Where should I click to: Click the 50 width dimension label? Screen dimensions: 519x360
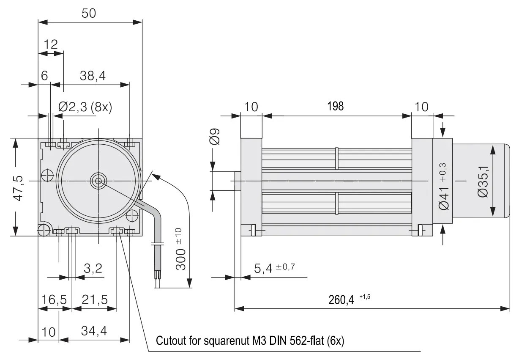click(89, 13)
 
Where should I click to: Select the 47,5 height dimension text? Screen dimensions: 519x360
click(18, 188)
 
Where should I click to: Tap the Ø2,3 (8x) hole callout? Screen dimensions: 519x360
click(85, 107)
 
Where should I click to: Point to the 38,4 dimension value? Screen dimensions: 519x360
click(93, 76)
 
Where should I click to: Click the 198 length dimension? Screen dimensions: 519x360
click(335, 106)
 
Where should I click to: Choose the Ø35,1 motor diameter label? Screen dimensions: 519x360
click(483, 181)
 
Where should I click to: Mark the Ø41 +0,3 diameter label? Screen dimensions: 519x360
click(443, 187)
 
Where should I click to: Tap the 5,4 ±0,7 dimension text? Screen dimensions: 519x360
click(275, 268)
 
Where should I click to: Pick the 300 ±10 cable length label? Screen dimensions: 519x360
click(181, 249)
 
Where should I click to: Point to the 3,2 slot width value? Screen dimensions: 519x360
click(93, 268)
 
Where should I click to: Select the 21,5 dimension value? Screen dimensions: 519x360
click(95, 300)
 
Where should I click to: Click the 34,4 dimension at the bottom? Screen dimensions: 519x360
click(94, 331)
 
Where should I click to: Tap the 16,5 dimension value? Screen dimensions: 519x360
click(54, 300)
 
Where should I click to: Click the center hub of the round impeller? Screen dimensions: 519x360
click(98, 181)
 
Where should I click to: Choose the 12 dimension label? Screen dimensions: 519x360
click(51, 44)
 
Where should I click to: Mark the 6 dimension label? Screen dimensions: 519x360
click(44, 76)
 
